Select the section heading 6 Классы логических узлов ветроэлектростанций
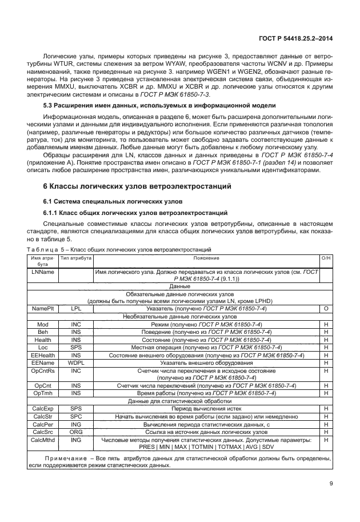click(137, 186)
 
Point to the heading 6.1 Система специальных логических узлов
click(113, 201)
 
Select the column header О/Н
click(326, 258)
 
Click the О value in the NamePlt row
click(326, 308)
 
